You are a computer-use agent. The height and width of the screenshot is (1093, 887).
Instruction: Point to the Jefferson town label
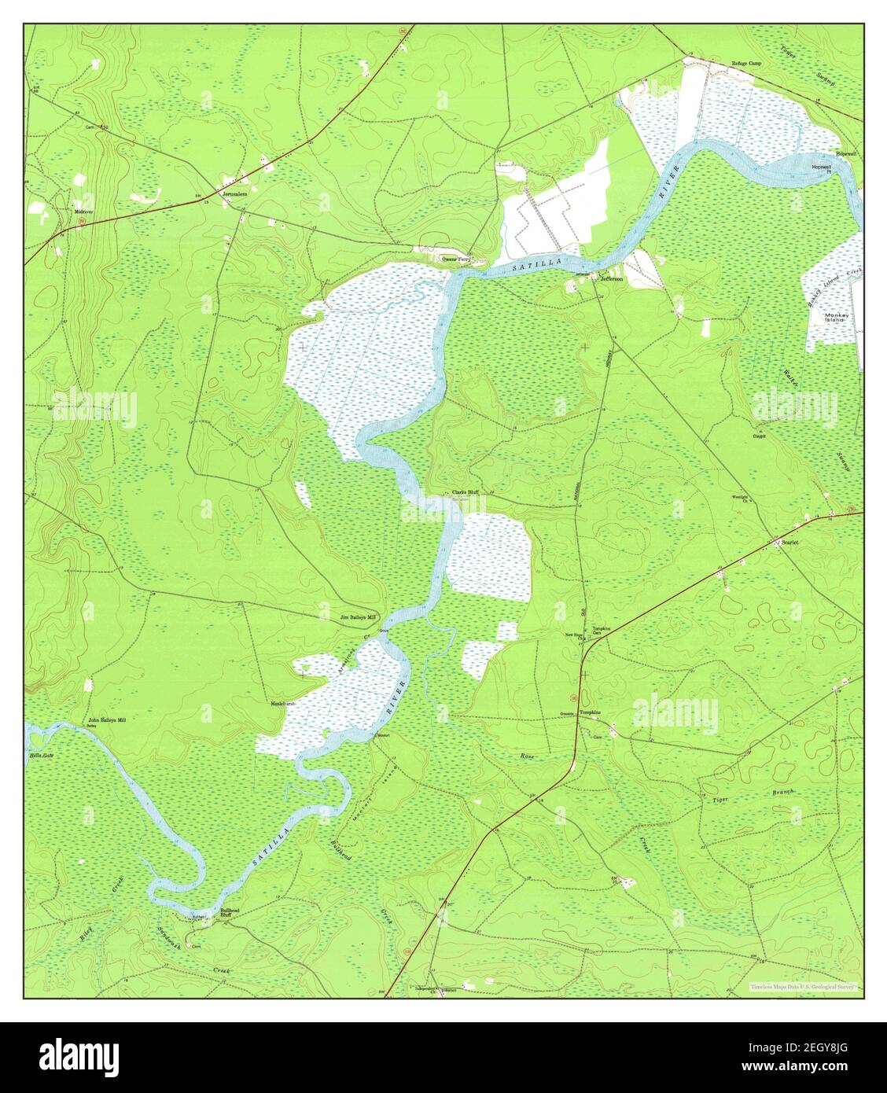pyautogui.click(x=612, y=278)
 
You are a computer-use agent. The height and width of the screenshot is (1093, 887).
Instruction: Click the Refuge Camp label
pyautogui.click(x=748, y=64)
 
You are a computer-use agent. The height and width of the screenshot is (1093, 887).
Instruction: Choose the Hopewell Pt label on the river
pyautogui.click(x=820, y=170)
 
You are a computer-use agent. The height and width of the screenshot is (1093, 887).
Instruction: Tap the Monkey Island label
pyautogui.click(x=834, y=317)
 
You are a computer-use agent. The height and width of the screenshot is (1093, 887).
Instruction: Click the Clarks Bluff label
pyautogui.click(x=465, y=493)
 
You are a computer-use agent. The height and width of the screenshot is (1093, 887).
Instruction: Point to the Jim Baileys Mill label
pyautogui.click(x=358, y=617)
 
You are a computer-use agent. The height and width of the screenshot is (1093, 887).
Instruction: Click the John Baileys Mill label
pyautogui.click(x=107, y=719)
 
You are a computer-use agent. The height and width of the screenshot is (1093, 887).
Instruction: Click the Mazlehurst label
pyautogui.click(x=283, y=703)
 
